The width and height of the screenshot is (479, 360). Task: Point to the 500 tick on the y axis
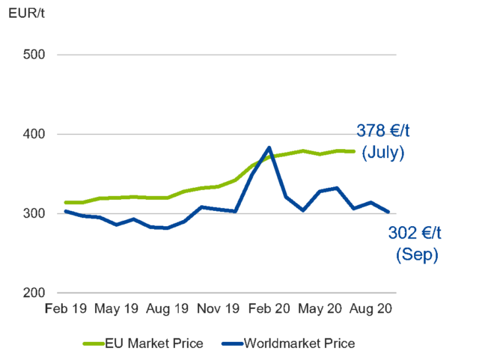[34, 55]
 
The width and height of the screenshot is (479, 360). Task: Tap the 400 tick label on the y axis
[34, 135]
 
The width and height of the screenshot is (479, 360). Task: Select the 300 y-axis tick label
[34, 214]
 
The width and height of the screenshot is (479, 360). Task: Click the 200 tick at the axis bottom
[34, 293]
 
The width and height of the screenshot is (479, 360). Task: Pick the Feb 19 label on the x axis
[65, 308]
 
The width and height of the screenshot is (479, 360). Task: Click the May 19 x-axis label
[117, 308]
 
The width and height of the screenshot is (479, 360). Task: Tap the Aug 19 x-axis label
[168, 308]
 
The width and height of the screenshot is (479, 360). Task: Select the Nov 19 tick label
[219, 308]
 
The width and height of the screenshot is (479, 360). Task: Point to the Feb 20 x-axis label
[269, 308]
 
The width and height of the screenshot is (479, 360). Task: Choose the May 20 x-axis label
[320, 308]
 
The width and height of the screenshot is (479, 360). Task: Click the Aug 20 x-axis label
[371, 308]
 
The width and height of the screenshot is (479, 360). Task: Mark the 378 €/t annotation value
[383, 132]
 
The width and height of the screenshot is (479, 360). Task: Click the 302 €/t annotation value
[415, 234]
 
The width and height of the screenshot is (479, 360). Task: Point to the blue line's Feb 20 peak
[269, 147]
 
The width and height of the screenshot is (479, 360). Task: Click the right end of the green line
[354, 151]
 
